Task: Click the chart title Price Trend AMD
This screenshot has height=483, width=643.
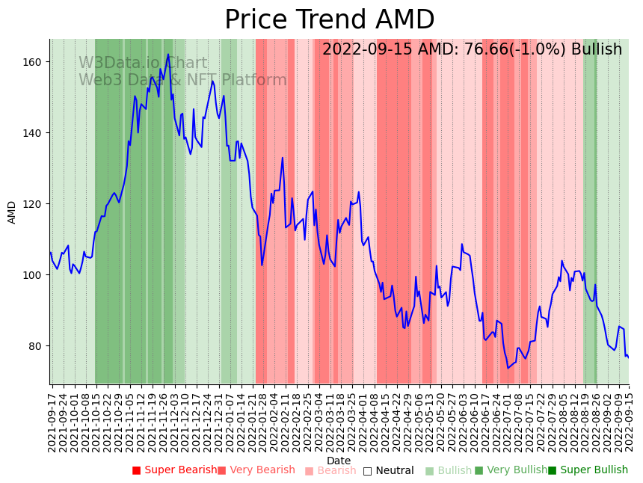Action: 329,20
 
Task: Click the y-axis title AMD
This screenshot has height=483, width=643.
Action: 12,212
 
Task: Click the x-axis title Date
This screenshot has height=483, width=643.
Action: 339,461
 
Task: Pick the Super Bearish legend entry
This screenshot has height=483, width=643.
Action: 174,470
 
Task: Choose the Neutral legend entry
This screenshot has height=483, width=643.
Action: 388,471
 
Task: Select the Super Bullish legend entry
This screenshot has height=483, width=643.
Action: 588,470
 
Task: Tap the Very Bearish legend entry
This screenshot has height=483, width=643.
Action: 256,470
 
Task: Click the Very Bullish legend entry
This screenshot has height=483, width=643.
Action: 511,470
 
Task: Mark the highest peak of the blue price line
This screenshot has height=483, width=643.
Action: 168,54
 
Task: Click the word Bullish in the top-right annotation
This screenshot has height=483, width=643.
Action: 597,50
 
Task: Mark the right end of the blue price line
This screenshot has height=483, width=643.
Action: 629,357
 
